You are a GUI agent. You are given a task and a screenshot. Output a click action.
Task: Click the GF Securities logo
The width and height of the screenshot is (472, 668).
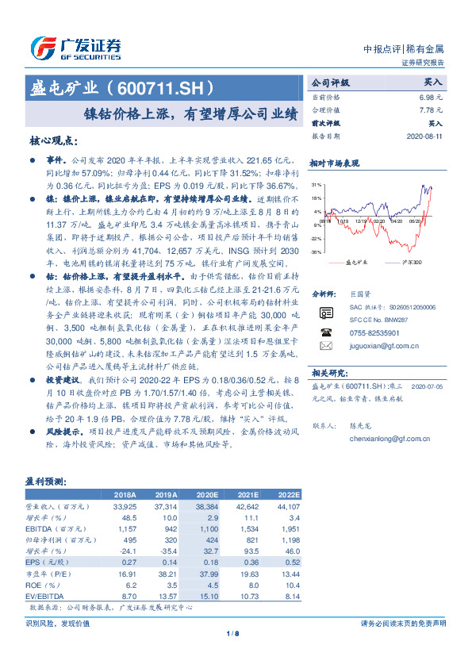click(75, 46)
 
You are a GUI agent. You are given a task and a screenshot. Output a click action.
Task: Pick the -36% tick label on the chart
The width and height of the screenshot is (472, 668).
click(317, 252)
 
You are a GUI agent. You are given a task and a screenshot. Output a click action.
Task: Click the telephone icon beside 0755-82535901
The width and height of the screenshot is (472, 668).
click(325, 332)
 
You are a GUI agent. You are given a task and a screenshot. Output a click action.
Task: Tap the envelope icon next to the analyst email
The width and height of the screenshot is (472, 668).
click(325, 347)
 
